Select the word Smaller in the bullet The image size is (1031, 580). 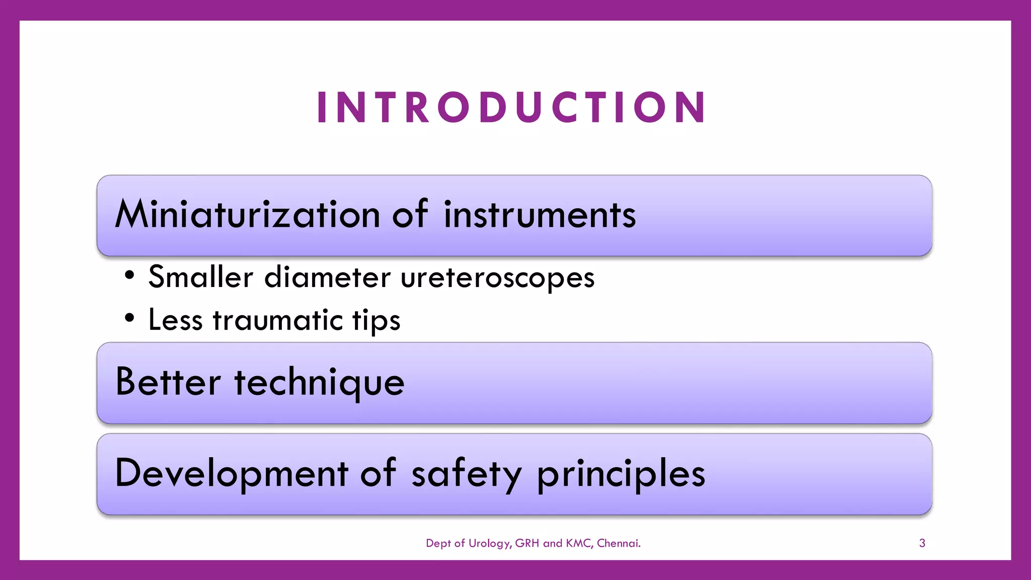[x=200, y=277]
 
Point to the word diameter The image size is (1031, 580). [x=327, y=277]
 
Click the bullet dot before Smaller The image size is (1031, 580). [x=130, y=275]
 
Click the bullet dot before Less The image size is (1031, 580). [x=130, y=318]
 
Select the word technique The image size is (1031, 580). [x=319, y=383]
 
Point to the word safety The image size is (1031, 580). [x=467, y=474]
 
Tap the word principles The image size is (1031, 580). [x=621, y=474]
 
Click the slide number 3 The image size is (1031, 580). [x=922, y=543]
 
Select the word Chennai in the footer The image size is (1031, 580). [x=618, y=543]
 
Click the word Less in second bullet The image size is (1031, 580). [x=175, y=320]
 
